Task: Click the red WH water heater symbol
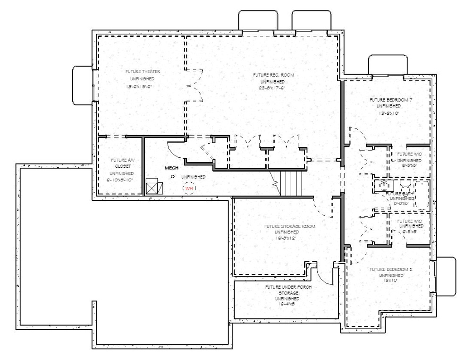190,188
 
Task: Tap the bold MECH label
170,168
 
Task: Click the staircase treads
291,183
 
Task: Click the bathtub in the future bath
421,194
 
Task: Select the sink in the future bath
382,185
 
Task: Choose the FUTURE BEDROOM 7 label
387,100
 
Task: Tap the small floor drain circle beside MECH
172,177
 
